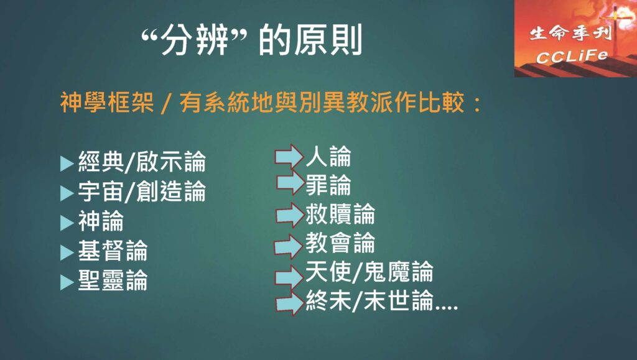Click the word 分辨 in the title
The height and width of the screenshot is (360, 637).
[194, 40]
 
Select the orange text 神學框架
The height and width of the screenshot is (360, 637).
[107, 102]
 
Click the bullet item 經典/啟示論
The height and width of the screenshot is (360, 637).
[142, 162]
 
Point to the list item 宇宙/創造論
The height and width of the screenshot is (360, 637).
[142, 191]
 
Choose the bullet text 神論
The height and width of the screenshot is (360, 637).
[101, 221]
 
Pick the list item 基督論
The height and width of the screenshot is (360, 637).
[113, 251]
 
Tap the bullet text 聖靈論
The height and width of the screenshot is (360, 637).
[113, 280]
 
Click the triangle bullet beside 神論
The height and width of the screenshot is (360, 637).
[67, 223]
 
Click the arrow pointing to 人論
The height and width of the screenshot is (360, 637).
[289, 156]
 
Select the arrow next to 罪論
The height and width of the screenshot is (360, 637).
[291, 183]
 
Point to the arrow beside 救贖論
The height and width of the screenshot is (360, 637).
[290, 215]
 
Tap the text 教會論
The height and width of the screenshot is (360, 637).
[340, 242]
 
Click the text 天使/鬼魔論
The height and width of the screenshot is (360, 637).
[370, 272]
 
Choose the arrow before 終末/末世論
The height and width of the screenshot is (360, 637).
[290, 303]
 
